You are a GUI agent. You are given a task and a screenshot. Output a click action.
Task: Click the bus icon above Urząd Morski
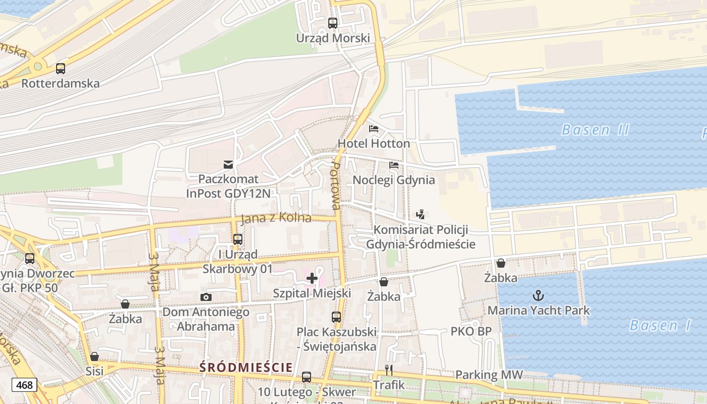(332, 23)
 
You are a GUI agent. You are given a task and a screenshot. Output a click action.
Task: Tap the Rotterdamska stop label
(61, 83)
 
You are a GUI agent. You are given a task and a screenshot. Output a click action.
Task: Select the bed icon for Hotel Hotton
(374, 128)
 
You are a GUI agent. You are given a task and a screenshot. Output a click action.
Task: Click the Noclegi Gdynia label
(393, 180)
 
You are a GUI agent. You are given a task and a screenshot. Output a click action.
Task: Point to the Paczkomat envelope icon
(228, 164)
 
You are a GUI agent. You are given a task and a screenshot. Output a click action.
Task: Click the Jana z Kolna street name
(276, 219)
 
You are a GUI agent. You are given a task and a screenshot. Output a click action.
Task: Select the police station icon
(420, 215)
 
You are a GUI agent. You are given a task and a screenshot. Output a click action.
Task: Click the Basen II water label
(595, 130)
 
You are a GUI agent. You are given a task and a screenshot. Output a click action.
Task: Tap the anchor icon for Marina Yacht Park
(538, 295)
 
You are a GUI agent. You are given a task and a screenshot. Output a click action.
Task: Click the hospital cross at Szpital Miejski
(312, 278)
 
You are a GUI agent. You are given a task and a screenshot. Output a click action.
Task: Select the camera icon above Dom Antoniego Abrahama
(206, 297)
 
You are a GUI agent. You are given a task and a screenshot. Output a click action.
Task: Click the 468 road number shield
(24, 385)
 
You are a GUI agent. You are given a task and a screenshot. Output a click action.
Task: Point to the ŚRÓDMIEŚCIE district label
(246, 367)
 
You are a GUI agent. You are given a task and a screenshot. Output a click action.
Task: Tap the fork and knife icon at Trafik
(389, 370)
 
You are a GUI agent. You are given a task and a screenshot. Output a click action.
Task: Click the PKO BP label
(471, 332)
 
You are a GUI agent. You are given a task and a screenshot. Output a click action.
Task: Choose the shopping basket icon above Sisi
(94, 357)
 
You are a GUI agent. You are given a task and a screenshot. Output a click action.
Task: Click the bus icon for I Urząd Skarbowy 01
(237, 239)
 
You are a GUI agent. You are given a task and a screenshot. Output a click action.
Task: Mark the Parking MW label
(489, 375)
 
